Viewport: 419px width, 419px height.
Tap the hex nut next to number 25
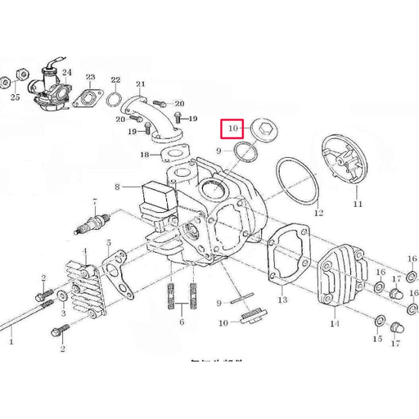tap(7, 82)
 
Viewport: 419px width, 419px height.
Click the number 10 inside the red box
tap(232, 128)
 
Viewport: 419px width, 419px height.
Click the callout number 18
tap(144, 155)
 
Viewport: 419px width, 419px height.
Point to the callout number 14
tap(334, 324)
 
